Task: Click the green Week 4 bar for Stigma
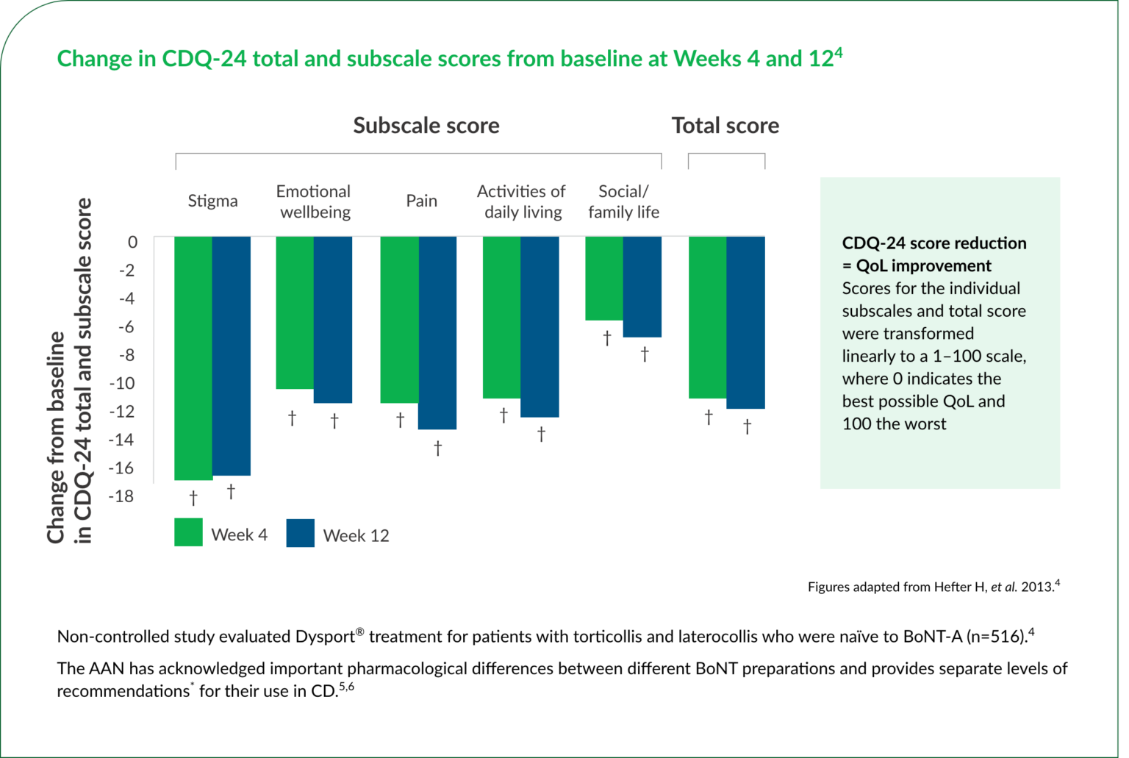click(x=193, y=358)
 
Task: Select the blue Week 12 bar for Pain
click(x=437, y=332)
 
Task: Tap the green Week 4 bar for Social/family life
click(x=604, y=278)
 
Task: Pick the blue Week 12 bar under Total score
click(x=745, y=322)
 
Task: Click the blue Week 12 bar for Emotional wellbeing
click(x=333, y=319)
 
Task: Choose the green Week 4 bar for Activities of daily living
click(x=501, y=317)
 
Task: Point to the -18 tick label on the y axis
click(x=122, y=496)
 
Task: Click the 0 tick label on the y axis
click(x=132, y=242)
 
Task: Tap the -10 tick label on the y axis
click(x=122, y=383)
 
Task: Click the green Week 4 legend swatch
click(x=188, y=532)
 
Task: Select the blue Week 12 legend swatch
click(x=300, y=533)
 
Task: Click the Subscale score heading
click(x=426, y=126)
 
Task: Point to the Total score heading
click(x=725, y=126)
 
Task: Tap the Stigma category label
click(x=212, y=201)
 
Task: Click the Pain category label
click(x=421, y=201)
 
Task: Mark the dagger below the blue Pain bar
click(x=437, y=448)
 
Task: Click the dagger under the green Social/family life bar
click(x=607, y=338)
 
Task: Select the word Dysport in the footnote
click(x=325, y=637)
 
